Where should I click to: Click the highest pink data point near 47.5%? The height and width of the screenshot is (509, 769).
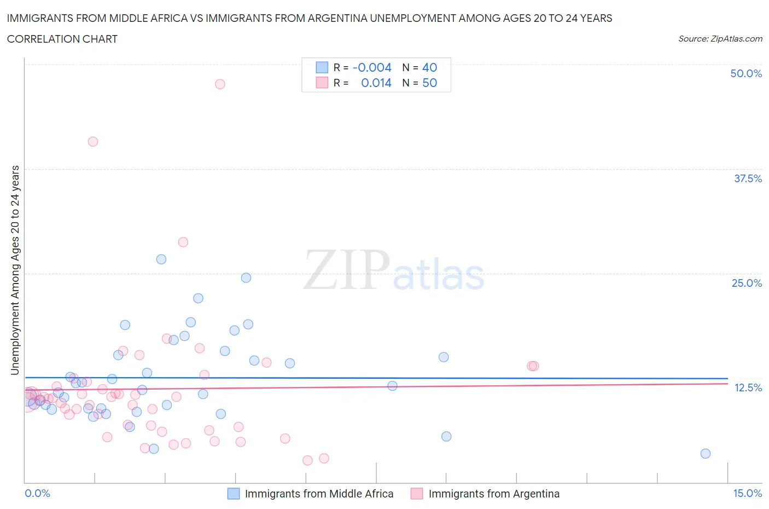point(220,84)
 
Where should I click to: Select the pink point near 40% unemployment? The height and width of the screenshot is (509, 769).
point(93,142)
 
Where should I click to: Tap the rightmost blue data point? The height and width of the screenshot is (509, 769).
point(706,454)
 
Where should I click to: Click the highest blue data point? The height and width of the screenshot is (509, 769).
point(161,259)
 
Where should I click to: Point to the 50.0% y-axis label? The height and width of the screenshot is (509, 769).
point(746,73)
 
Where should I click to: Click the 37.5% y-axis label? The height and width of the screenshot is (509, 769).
point(748,178)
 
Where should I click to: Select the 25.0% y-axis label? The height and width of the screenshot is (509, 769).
point(747,283)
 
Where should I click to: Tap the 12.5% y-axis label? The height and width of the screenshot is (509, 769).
point(748,387)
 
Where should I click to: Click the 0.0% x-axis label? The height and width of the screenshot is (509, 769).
point(38,493)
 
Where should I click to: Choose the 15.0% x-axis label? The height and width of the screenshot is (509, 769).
point(747,493)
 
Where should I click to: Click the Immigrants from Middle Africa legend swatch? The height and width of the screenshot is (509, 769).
point(234,494)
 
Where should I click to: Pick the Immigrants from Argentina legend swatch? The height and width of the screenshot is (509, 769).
point(417,494)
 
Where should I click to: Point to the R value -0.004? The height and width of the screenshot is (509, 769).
point(372,67)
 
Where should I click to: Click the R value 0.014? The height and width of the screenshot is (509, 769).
point(376,83)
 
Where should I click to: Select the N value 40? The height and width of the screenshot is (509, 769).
point(429,67)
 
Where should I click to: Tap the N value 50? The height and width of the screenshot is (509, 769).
point(429,83)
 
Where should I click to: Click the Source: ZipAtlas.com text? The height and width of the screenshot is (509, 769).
point(720,38)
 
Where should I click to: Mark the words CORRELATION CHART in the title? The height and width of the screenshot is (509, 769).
point(62,39)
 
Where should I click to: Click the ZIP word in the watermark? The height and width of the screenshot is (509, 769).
point(346,269)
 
